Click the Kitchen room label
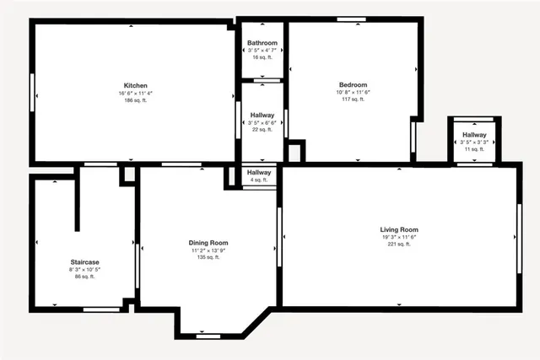click(136, 86)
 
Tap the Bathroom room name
click(262, 43)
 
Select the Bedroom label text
click(354, 85)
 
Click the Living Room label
click(399, 229)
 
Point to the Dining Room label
click(208, 243)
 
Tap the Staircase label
click(84, 262)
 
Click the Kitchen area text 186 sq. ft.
click(136, 100)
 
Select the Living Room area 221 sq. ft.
click(399, 244)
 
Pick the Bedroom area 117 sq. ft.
click(354, 99)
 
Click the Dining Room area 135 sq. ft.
click(208, 257)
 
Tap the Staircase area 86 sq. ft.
click(84, 277)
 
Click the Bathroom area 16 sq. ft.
click(262, 58)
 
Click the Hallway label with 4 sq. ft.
click(258, 172)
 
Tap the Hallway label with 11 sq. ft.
click(474, 135)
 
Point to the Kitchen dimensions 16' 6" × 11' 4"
click(136, 93)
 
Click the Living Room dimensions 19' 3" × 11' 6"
click(399, 237)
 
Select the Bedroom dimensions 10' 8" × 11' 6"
click(354, 93)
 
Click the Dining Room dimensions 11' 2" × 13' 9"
click(208, 250)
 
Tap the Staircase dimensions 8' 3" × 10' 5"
click(84, 270)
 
